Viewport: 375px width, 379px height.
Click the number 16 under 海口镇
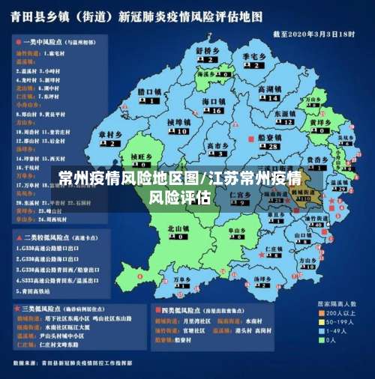[216, 110]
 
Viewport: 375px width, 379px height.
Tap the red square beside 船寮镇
[250, 139]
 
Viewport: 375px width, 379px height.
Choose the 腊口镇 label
[150, 91]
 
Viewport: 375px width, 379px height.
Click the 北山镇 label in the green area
[178, 228]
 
